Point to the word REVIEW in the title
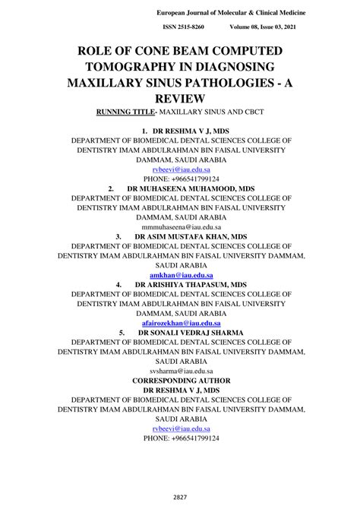click(x=180, y=99)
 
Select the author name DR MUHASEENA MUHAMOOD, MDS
click(x=191, y=186)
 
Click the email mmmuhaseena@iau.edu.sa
click(x=180, y=226)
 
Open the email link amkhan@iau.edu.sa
click(x=180, y=274)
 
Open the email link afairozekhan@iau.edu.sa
click(x=180, y=323)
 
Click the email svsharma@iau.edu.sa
click(x=180, y=371)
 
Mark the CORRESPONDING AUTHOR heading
click(x=180, y=380)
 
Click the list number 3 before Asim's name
click(x=118, y=236)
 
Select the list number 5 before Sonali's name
click(x=122, y=333)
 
